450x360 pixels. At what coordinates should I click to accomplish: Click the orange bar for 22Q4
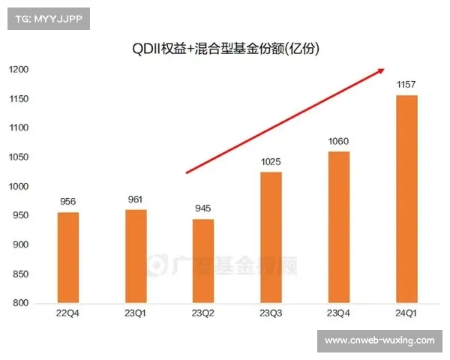point(68,258)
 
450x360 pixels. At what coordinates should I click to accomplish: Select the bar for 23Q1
point(136,256)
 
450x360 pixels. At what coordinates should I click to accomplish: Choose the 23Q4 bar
point(338,227)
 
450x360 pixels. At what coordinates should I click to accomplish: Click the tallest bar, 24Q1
point(406,199)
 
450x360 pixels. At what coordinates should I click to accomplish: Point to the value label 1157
point(406,85)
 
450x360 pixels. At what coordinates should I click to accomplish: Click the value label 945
point(203,209)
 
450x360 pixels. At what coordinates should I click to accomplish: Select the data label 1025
point(271,162)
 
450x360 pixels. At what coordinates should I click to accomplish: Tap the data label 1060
point(338,142)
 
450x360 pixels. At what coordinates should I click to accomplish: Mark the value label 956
point(68,202)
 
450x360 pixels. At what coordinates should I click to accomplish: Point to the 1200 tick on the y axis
point(18,70)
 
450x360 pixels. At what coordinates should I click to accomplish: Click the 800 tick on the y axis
point(20,304)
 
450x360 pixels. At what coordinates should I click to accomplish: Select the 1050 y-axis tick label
point(18,157)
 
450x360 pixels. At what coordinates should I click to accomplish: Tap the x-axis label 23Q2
point(203,315)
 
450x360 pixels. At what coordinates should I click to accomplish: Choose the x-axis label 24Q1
point(406,315)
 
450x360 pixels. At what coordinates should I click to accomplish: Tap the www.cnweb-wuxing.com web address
point(379,340)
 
